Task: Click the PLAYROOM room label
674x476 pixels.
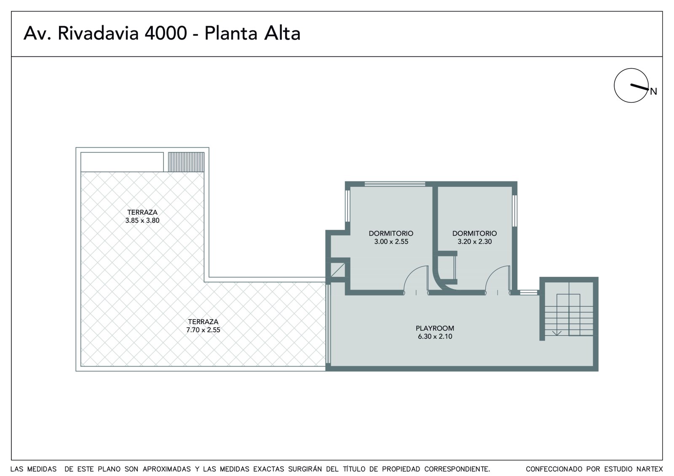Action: click(435, 328)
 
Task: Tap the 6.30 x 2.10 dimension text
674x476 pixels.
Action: click(435, 336)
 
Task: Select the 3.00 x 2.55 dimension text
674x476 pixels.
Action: click(391, 242)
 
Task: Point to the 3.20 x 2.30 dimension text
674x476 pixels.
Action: click(474, 242)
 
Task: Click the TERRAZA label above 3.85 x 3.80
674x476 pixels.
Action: click(142, 212)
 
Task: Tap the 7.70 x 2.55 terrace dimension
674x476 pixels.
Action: click(203, 330)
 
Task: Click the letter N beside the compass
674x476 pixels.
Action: click(653, 91)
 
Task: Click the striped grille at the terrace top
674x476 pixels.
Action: click(186, 162)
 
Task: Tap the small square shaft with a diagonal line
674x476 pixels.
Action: click(338, 270)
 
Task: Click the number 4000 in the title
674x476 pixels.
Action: click(166, 33)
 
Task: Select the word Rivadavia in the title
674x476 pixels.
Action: click(99, 33)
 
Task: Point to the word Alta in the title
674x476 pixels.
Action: click(282, 33)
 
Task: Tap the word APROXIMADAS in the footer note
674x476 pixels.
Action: click(167, 469)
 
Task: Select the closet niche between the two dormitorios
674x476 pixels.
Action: click(447, 267)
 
